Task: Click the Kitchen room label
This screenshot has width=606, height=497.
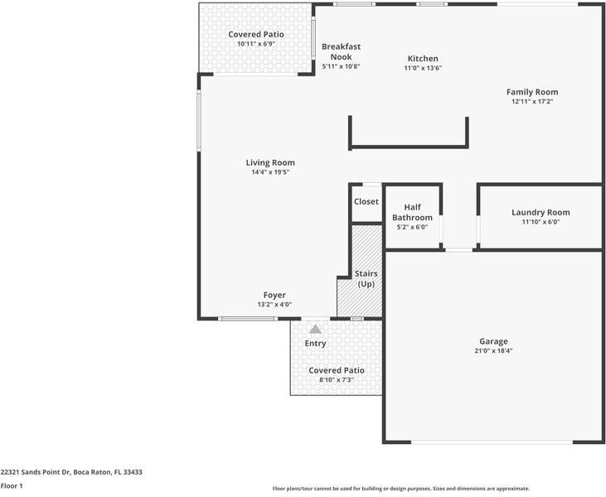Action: click(423, 59)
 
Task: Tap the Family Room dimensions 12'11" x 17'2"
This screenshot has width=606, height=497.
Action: click(532, 102)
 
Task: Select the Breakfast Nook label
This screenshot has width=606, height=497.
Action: click(341, 51)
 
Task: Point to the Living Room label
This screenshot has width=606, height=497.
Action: click(270, 162)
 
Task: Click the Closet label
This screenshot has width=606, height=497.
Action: click(366, 201)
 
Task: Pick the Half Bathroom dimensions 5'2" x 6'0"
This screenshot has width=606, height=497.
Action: click(412, 227)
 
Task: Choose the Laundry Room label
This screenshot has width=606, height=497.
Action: click(541, 212)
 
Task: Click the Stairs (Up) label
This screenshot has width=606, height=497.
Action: click(366, 278)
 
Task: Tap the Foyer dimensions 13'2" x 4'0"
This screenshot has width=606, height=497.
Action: click(274, 304)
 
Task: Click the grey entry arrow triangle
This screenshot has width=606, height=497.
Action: click(315, 329)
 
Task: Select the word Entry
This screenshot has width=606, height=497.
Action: click(315, 343)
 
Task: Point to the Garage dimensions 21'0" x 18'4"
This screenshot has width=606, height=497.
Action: click(493, 351)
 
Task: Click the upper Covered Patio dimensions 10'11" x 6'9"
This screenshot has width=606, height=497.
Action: click(256, 44)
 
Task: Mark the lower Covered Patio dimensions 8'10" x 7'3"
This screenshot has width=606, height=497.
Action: click(337, 379)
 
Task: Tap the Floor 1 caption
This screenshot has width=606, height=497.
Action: click(12, 486)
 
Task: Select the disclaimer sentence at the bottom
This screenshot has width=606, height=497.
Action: click(401, 488)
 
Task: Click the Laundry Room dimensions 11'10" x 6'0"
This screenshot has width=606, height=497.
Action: click(541, 222)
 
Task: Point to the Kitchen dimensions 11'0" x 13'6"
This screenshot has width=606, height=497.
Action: click(423, 68)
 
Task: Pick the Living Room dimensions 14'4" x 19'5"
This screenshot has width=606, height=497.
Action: click(270, 172)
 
